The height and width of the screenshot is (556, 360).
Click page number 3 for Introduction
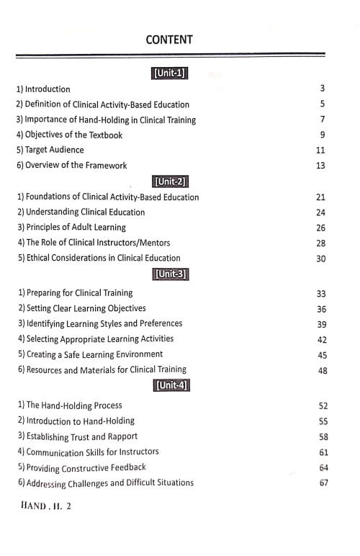323,89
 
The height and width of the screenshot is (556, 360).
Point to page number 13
321,166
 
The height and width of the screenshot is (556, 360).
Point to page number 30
322,259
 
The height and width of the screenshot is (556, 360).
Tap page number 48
322,371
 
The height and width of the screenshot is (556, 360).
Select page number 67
323,482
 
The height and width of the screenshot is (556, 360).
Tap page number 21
321,197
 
